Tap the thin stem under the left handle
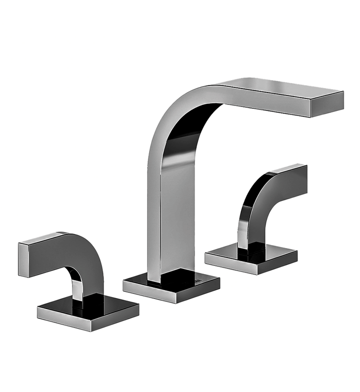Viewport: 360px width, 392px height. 77,290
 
